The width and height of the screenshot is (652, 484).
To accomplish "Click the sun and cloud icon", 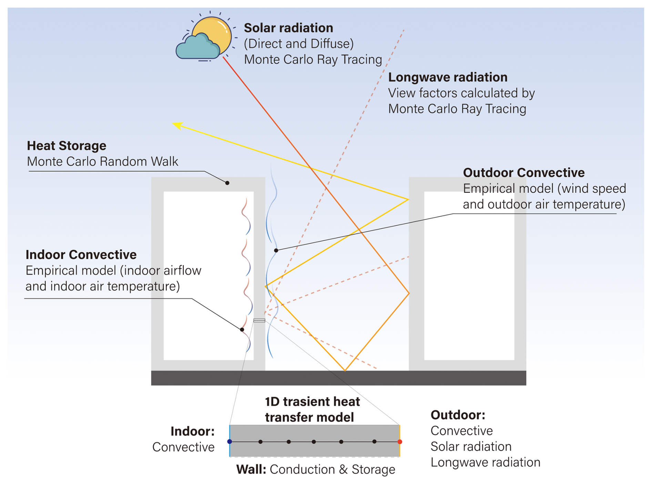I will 205,38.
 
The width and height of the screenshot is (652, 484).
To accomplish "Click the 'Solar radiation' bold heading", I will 288,28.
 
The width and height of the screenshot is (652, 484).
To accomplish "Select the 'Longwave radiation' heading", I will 447,77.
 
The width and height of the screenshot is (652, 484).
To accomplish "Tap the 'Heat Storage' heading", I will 67,145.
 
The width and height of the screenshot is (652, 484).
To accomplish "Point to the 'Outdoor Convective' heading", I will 523,172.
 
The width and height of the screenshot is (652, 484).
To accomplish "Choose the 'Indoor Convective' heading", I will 81,254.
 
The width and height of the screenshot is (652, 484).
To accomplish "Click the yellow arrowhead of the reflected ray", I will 177,125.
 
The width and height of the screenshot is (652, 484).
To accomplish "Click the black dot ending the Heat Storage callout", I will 227,183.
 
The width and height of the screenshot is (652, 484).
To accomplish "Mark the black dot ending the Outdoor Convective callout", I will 276,250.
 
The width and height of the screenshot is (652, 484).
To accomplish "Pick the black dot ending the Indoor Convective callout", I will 242,330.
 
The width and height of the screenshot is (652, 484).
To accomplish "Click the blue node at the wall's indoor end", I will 230,442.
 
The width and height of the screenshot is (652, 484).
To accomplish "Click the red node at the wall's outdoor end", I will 400,442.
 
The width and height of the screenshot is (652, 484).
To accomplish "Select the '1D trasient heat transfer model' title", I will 312,409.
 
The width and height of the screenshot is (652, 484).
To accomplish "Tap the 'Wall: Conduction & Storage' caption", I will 315,469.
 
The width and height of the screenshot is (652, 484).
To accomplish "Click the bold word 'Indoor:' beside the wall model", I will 192,431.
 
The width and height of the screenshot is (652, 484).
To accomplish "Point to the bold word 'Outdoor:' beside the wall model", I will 458,415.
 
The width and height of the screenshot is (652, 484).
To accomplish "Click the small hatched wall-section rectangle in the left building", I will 259,321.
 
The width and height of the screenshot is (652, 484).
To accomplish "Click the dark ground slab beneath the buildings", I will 338,378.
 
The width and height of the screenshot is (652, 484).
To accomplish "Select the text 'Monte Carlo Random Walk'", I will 102,161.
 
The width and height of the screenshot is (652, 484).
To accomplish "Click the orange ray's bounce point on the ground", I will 345,370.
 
